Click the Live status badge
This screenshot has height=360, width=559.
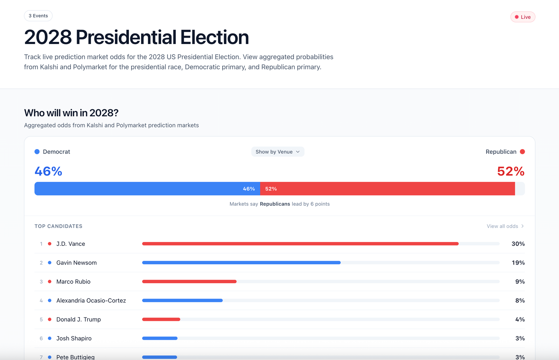tap(523, 17)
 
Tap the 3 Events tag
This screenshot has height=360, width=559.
tap(38, 16)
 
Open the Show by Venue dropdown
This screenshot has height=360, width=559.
tap(277, 152)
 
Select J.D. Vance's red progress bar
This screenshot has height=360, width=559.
tap(300, 244)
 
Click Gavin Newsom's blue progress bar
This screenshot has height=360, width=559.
tap(241, 263)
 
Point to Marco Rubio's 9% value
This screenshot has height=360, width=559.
tap(520, 282)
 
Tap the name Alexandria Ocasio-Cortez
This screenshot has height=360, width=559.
tap(91, 300)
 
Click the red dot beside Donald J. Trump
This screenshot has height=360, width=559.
tap(50, 319)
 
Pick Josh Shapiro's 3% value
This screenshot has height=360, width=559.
tap(520, 338)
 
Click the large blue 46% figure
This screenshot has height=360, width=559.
tap(49, 171)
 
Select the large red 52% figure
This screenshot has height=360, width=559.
tap(511, 171)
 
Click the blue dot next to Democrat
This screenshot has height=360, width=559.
tap(37, 152)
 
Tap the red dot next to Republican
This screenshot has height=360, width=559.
tap(522, 152)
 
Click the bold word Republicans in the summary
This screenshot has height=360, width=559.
tap(275, 204)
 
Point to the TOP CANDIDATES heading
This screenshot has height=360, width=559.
tap(58, 226)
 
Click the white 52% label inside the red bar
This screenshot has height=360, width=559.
tap(271, 189)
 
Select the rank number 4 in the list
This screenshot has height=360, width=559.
tap(41, 301)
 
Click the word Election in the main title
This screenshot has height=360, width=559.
tap(215, 37)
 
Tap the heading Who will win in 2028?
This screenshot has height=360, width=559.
tap(71, 113)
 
